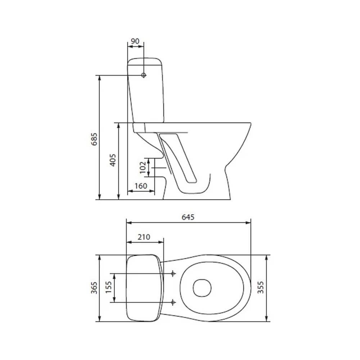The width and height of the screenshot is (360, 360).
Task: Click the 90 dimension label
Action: point(135,41)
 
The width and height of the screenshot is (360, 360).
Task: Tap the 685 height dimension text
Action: point(95,138)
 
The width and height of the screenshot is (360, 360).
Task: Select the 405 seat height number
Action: point(113,159)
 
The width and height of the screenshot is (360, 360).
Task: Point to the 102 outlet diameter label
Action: point(143,167)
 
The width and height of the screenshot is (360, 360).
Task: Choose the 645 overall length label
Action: point(188,217)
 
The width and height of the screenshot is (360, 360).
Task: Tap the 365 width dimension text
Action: point(95,288)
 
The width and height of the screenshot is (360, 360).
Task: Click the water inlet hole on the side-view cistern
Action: point(144,75)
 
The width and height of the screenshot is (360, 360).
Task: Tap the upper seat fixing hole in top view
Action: point(173,274)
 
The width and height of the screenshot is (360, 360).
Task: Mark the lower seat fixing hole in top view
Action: point(173,301)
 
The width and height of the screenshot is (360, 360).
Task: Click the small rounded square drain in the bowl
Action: point(202,288)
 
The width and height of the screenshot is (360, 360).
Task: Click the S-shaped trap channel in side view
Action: point(178,158)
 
